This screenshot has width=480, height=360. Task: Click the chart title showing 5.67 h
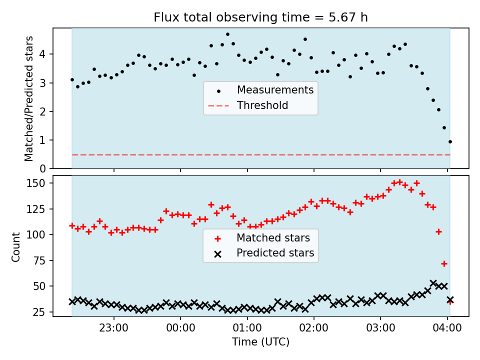[260, 17]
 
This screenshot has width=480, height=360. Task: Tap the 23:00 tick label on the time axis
[114, 328]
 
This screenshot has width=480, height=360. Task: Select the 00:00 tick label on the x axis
[180, 328]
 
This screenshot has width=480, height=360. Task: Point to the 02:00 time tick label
[314, 328]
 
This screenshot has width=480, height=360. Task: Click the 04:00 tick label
[447, 328]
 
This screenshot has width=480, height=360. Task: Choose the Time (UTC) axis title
[260, 341]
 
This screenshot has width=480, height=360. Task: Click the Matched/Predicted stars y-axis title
[29, 98]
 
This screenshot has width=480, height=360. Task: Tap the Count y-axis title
[15, 246]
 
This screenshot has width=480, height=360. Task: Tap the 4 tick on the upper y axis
[42, 54]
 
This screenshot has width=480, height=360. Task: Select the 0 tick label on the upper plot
[42, 168]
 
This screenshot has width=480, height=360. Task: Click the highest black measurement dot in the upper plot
[227, 34]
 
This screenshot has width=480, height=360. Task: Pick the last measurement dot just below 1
[450, 141]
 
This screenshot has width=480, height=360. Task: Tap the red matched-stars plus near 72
[444, 263]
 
